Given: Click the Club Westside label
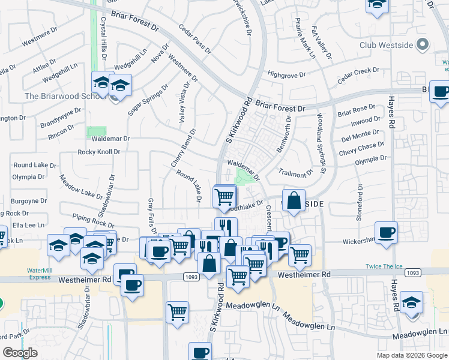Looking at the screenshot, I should [387, 45].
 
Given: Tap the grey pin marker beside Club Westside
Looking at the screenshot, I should [423, 44].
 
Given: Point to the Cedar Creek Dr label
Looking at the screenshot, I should [358, 75].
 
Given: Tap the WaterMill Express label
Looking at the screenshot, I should [40, 274].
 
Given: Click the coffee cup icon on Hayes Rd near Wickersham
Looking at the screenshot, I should [386, 232].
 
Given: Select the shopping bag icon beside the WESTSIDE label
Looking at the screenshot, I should [294, 202].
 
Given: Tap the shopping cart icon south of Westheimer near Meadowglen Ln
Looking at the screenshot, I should [178, 312].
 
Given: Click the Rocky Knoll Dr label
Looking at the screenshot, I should [99, 152].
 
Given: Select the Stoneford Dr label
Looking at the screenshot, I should [360, 203].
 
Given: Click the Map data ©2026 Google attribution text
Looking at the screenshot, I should [411, 355].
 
